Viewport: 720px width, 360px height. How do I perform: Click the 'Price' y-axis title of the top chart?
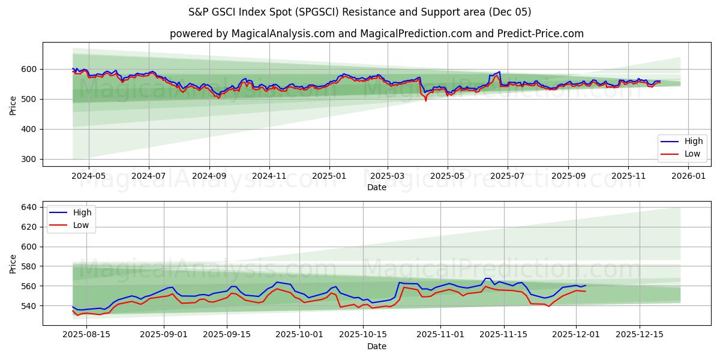pyautogui.click(x=13, y=106)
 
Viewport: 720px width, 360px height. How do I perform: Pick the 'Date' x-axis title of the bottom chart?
pyautogui.click(x=377, y=346)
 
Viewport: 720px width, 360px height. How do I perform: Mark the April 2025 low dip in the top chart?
pyautogui.click(x=426, y=100)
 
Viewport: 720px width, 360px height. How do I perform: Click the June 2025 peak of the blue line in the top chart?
pyautogui.click(x=499, y=72)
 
